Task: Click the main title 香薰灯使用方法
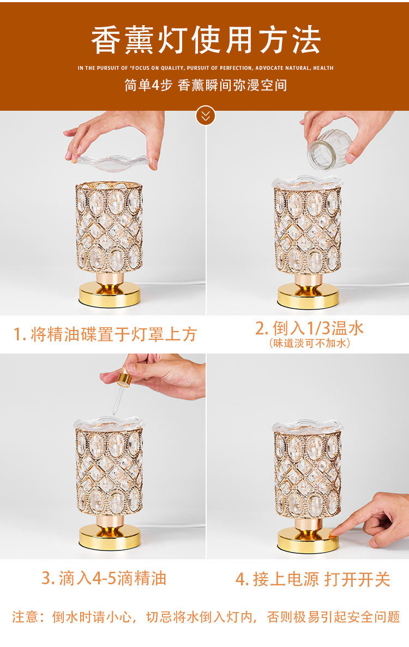(206, 40)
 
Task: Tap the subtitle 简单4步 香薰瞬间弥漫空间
(206, 86)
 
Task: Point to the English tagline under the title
(206, 68)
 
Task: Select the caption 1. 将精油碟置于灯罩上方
(105, 334)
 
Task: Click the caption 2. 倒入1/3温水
(309, 328)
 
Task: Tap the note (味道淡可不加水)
(309, 343)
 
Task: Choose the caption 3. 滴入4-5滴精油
(104, 578)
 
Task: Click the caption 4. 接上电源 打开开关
(312, 579)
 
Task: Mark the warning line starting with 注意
(206, 617)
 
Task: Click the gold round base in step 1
(110, 294)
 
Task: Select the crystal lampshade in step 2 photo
(308, 229)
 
